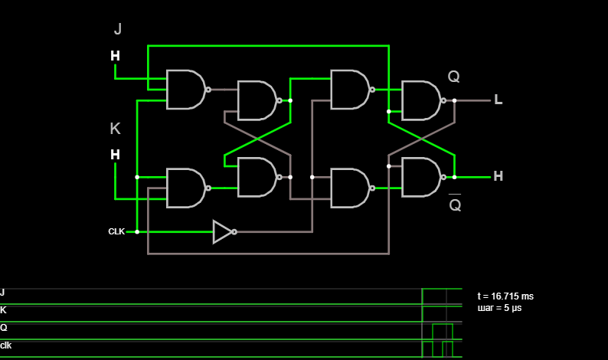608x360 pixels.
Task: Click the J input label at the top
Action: click(x=118, y=29)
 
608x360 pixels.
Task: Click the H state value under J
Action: click(x=115, y=56)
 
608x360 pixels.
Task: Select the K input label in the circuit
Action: click(x=115, y=129)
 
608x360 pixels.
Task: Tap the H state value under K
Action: click(x=115, y=155)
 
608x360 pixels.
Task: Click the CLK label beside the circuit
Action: click(x=116, y=231)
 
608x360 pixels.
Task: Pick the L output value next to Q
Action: click(x=498, y=100)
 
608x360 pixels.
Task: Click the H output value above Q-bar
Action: click(x=498, y=176)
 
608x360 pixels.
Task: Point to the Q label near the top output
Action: click(x=453, y=77)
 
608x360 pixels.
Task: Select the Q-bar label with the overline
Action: click(x=455, y=202)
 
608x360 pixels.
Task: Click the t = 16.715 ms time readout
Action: click(x=505, y=296)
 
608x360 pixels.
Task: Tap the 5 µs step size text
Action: click(x=512, y=308)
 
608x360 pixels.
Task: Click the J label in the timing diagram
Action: click(x=2, y=293)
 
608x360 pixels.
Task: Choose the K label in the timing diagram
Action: click(x=3, y=310)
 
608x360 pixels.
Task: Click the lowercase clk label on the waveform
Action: click(x=6, y=345)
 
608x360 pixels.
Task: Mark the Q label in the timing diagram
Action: click(x=4, y=328)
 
